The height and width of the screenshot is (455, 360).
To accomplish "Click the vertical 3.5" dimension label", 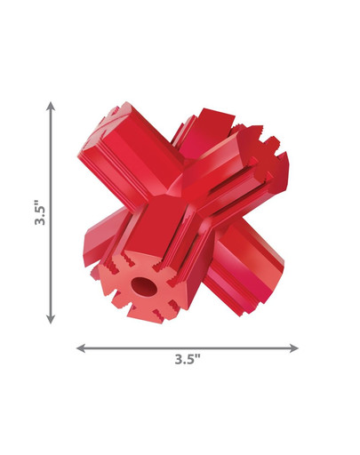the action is [40, 212].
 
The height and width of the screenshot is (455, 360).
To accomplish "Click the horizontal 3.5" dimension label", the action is [188, 359].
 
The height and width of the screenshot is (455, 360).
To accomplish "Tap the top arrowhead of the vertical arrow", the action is [51, 106].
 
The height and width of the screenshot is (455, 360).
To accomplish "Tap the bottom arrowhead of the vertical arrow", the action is [51, 319].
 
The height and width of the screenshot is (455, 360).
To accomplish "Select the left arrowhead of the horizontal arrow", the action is [81, 348].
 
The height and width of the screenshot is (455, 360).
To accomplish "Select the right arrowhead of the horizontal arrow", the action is [293, 348].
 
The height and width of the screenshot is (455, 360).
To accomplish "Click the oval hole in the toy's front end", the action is [144, 287].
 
